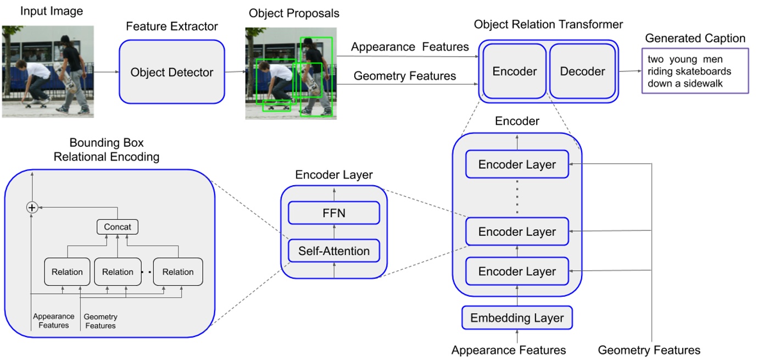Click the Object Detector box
point(171,72)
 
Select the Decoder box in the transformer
point(582,71)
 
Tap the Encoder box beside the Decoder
point(514,71)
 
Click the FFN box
point(334,213)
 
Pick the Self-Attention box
point(334,251)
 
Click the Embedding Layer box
point(517,318)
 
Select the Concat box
point(118,226)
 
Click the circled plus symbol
point(32,207)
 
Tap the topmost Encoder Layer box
point(517,164)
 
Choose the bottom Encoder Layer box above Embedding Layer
point(517,272)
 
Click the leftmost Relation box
point(67,272)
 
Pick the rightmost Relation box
point(177,272)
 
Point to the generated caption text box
point(695,71)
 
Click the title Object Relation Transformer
point(548,25)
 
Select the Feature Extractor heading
point(172,26)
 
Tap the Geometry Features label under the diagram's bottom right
point(649,350)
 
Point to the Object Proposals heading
point(294,13)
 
